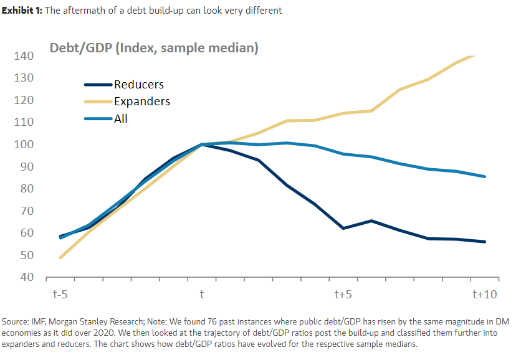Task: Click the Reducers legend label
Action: pyautogui.click(x=138, y=85)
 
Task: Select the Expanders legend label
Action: pyautogui.click(x=141, y=102)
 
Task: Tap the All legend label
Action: pyautogui.click(x=121, y=118)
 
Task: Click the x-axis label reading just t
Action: pyautogui.click(x=202, y=294)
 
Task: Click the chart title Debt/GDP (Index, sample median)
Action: pyautogui.click(x=154, y=48)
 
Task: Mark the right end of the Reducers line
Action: pyautogui.click(x=485, y=242)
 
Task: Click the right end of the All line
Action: pyautogui.click(x=485, y=176)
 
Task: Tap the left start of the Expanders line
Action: pyautogui.click(x=60, y=257)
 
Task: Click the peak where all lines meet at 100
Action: pyautogui.click(x=202, y=144)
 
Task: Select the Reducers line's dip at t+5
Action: pyautogui.click(x=343, y=228)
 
